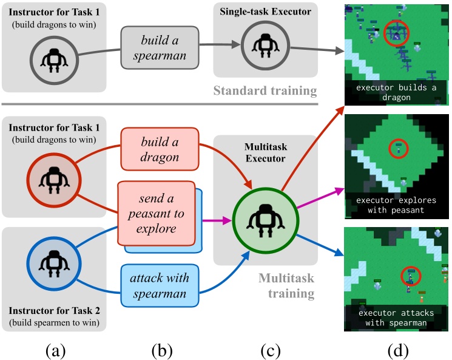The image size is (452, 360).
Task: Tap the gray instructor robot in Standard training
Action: coord(53,58)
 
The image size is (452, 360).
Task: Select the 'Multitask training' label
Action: coord(286,286)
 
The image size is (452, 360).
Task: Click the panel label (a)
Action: coord(53,350)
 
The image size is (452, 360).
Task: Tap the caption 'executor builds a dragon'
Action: coord(396,92)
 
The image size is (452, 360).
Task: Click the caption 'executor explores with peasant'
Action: coord(396,205)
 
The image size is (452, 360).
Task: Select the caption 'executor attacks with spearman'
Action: coord(396,318)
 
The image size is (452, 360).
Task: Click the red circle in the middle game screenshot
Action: coord(397,147)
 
